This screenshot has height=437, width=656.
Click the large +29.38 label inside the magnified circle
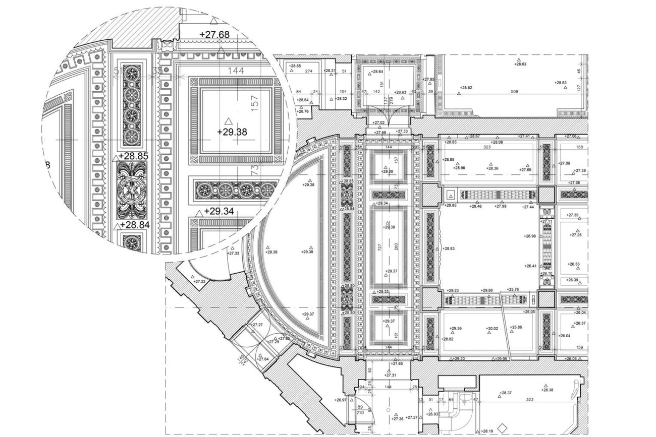pyautogui.click(x=232, y=132)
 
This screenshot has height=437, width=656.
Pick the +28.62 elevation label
pyautogui.click(x=466, y=88)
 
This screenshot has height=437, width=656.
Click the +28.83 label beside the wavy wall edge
pyautogui.click(x=449, y=248)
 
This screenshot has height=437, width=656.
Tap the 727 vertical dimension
pyautogui.click(x=378, y=248)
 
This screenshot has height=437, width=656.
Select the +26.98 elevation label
pyautogui.click(x=530, y=236)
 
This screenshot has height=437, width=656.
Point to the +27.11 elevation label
pyautogui.click(x=547, y=221)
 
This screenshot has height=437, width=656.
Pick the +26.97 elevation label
pyautogui.click(x=341, y=400)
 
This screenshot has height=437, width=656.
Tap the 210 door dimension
pyautogui.click(x=360, y=412)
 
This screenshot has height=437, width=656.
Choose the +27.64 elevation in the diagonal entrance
pyautogui.click(x=262, y=359)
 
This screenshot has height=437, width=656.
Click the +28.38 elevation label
pyautogui.click(x=546, y=390)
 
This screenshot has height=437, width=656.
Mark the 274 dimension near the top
pyautogui.click(x=309, y=71)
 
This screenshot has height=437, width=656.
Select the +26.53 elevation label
pyautogui.click(x=574, y=264)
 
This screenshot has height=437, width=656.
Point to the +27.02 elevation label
pyautogui.click(x=378, y=122)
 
